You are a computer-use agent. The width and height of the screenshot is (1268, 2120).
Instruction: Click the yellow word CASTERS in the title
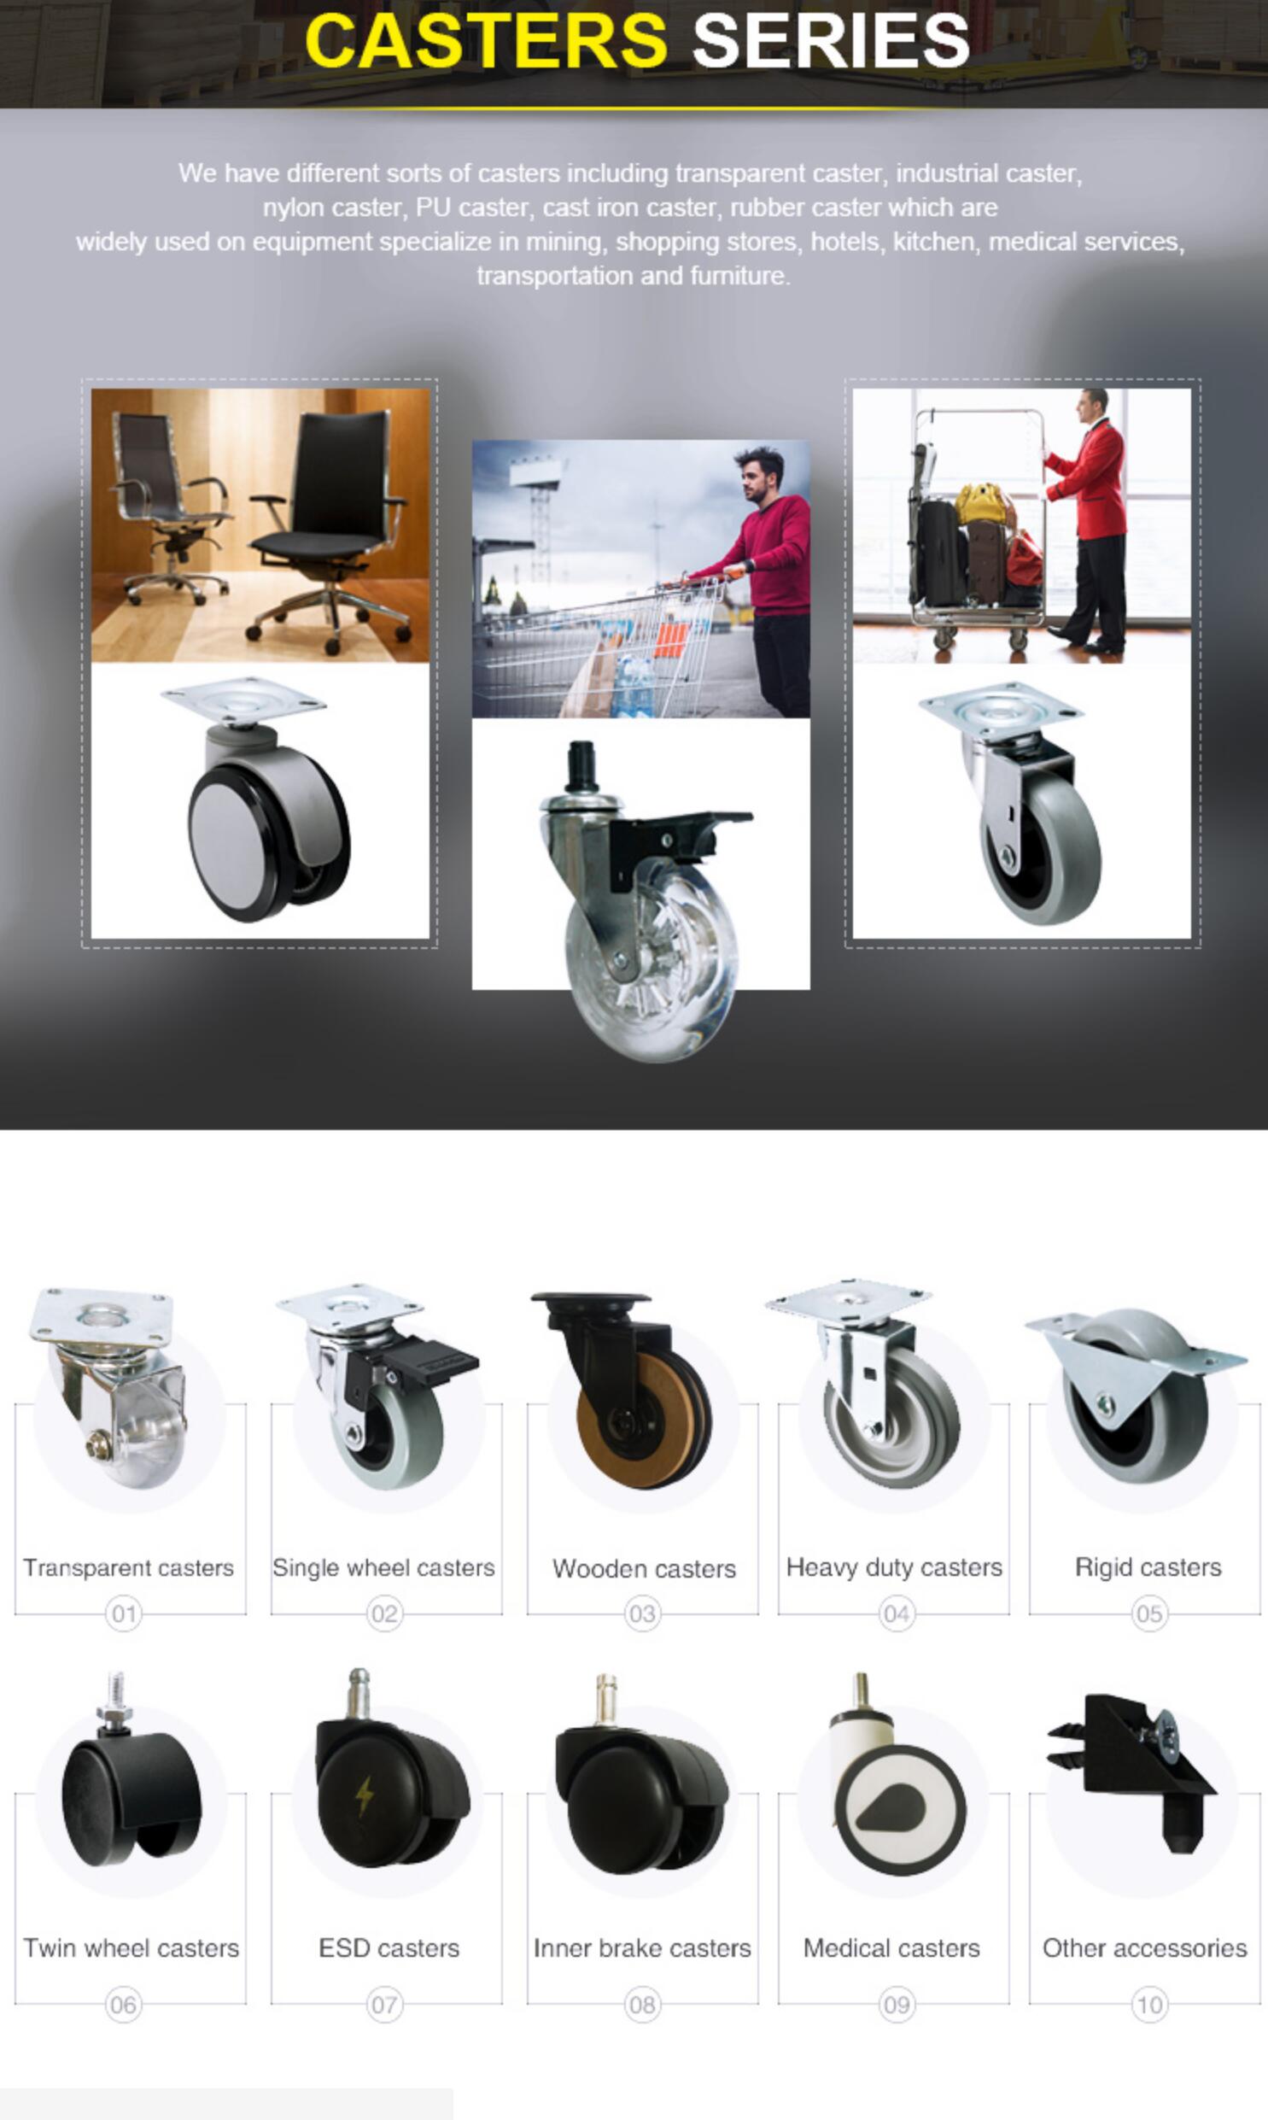[x=485, y=40]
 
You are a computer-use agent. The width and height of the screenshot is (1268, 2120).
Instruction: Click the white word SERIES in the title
[x=831, y=40]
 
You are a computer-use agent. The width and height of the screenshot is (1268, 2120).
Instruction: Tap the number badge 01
[x=123, y=1614]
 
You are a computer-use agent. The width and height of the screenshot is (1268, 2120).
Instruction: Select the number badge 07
[x=383, y=2005]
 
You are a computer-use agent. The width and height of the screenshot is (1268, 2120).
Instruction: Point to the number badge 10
[x=1149, y=2005]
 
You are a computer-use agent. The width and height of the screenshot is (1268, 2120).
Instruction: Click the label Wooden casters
[x=645, y=1569]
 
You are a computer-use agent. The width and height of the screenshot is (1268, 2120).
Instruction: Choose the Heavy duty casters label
[x=894, y=1568]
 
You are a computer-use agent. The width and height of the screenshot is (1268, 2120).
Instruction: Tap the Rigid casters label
[x=1148, y=1568]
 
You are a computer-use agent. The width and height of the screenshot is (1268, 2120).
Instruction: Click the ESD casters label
[x=389, y=1948]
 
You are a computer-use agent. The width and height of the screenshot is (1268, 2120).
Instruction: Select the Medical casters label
[x=891, y=1948]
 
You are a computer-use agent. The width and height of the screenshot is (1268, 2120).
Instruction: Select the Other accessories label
[x=1145, y=1948]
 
